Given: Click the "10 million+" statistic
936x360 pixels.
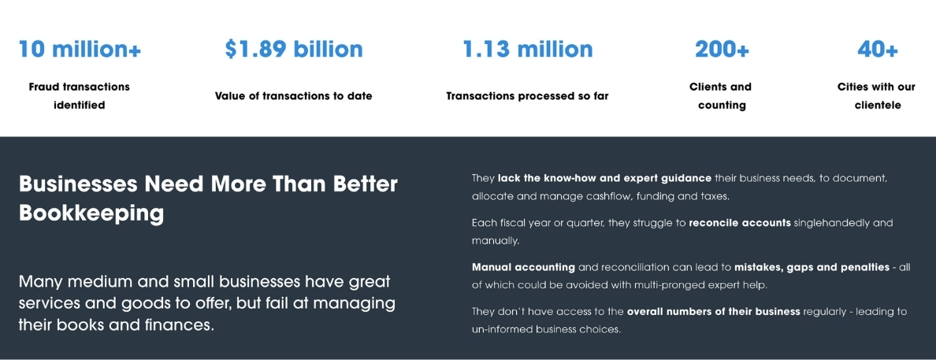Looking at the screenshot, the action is pyautogui.click(x=80, y=49).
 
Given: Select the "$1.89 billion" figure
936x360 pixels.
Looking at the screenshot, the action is pyautogui.click(x=294, y=49).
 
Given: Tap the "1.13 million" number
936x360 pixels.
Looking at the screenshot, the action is pyautogui.click(x=528, y=49).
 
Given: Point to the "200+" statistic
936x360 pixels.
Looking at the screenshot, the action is pyautogui.click(x=722, y=49).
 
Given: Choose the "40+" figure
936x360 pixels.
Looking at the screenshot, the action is pyautogui.click(x=877, y=49).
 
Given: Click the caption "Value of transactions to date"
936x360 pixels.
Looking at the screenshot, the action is pyautogui.click(x=294, y=96).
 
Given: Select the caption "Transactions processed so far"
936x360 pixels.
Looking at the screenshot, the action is pyautogui.click(x=528, y=96).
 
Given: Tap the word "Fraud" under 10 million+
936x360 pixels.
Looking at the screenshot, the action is pyautogui.click(x=44, y=87).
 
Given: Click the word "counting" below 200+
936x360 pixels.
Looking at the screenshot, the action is pyautogui.click(x=722, y=106).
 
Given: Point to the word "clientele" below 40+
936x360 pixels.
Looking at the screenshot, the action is pyautogui.click(x=878, y=106).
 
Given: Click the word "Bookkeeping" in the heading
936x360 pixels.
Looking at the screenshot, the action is pyautogui.click(x=91, y=213).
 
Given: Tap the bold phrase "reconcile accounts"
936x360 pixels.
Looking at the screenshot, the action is pyautogui.click(x=740, y=223).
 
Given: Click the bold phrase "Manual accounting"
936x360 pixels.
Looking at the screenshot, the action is pyautogui.click(x=523, y=268).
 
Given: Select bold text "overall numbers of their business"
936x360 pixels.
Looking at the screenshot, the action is pyautogui.click(x=713, y=312).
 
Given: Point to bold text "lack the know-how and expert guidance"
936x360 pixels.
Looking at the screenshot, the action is pyautogui.click(x=605, y=179).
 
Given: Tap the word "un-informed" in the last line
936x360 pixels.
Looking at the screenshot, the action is pyautogui.click(x=502, y=329).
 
